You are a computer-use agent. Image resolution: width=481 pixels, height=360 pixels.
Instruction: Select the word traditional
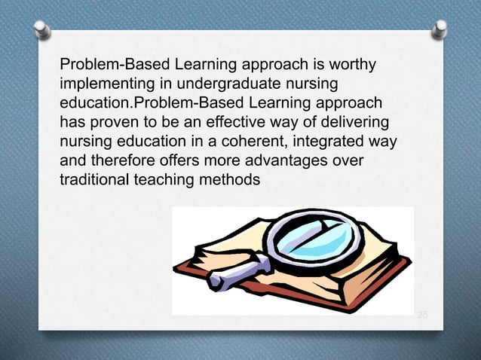[x=93, y=179]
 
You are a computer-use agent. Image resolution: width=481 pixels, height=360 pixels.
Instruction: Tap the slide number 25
[x=422, y=313]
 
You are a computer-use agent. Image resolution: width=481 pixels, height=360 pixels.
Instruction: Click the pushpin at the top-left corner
[x=42, y=30]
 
